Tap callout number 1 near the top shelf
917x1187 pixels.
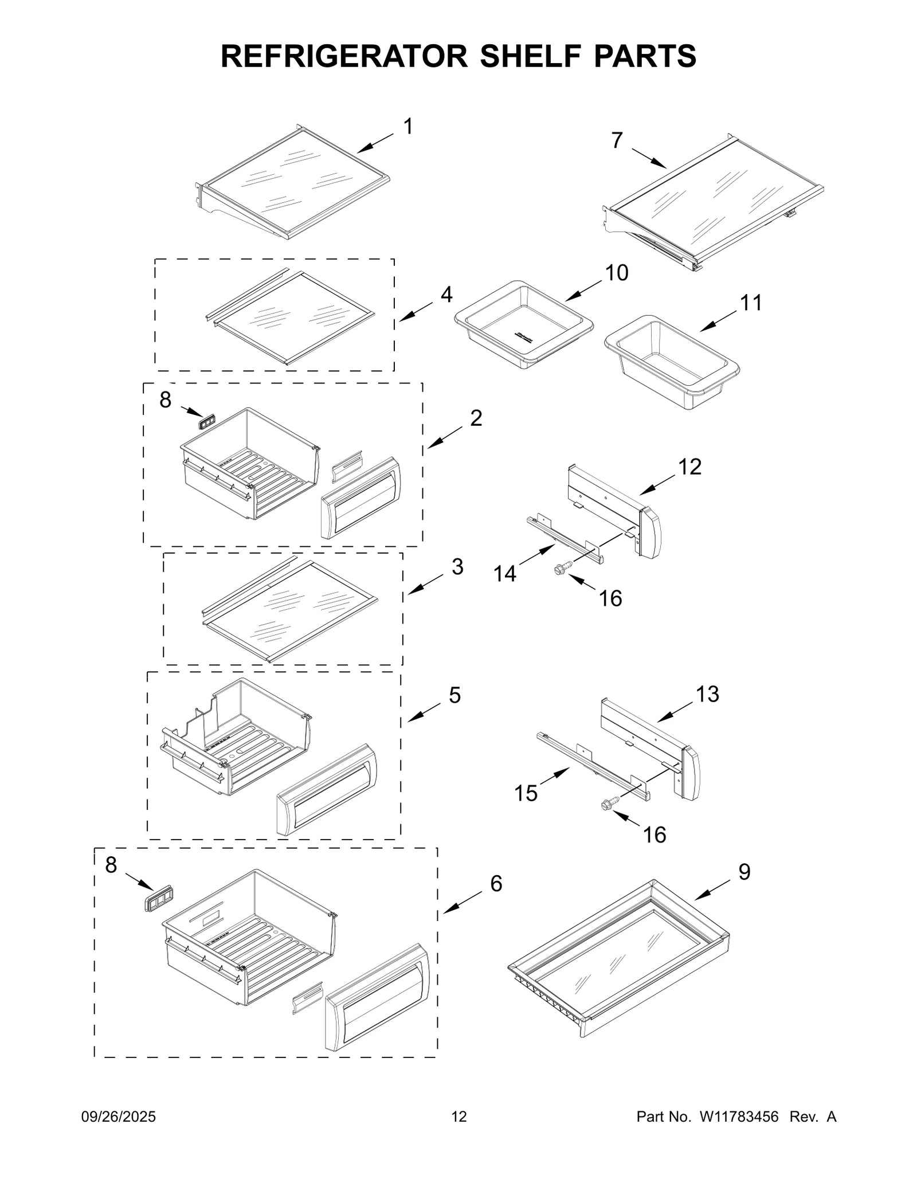(x=408, y=127)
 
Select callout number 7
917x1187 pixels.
(x=617, y=140)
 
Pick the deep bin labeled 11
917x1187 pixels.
(x=672, y=362)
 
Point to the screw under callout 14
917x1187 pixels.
(x=560, y=569)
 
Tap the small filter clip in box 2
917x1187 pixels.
(x=207, y=423)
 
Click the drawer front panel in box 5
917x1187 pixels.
(x=326, y=789)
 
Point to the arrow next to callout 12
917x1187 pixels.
(x=657, y=486)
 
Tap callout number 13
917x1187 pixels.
(x=707, y=694)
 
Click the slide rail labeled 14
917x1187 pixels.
(x=565, y=538)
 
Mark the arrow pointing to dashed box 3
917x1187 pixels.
(x=425, y=584)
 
